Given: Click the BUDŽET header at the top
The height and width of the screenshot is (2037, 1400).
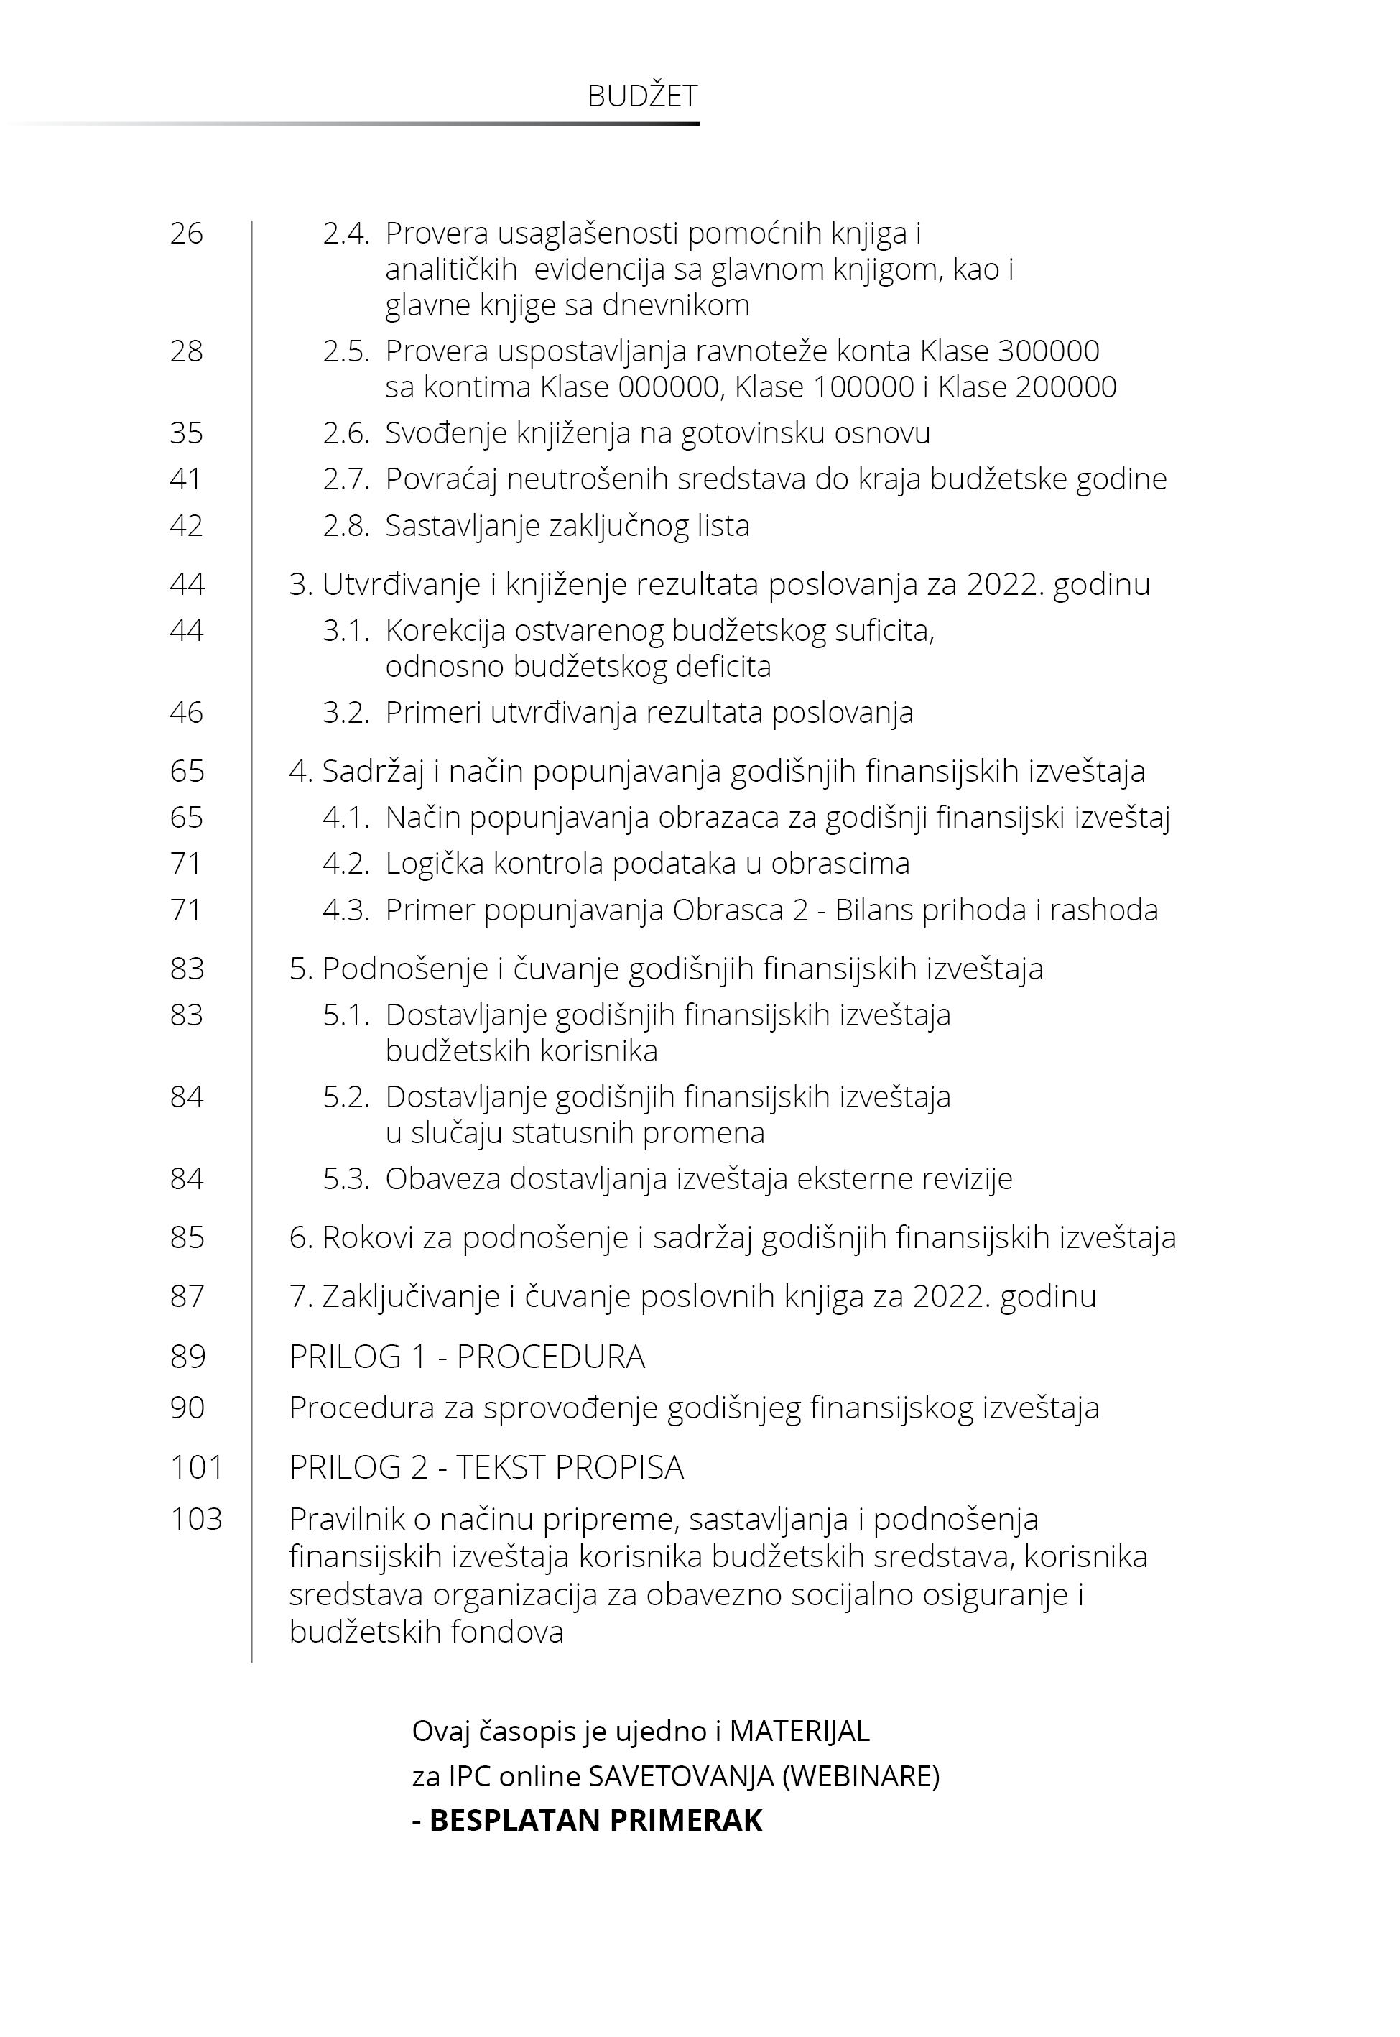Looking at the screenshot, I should click(x=642, y=96).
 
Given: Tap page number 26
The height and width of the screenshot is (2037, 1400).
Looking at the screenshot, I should click(x=186, y=234).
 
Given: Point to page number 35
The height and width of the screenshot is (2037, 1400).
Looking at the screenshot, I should click(x=186, y=433).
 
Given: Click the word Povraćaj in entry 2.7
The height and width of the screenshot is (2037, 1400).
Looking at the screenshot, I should click(x=441, y=479).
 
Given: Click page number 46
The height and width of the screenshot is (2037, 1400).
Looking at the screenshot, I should click(x=186, y=712).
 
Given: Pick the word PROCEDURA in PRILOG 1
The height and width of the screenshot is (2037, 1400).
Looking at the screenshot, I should click(x=551, y=1357).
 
